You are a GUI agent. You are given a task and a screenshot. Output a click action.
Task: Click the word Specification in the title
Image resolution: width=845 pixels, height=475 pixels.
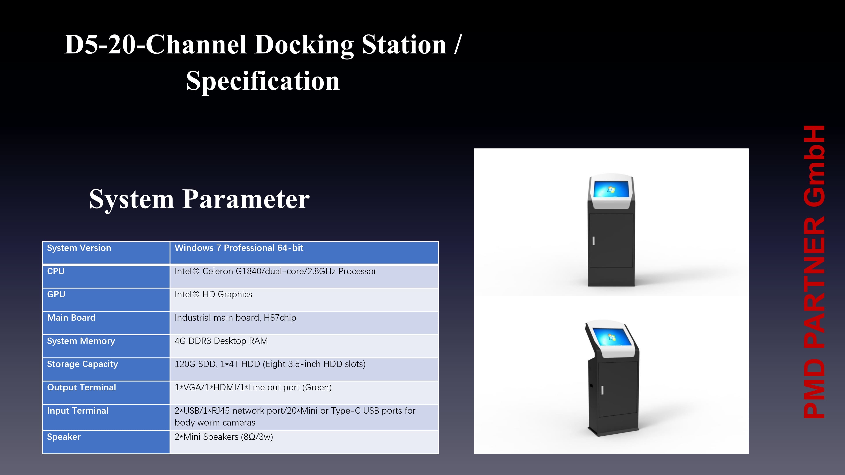click(x=263, y=81)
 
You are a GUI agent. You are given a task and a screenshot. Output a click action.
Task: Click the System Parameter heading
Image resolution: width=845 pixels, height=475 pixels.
click(x=199, y=199)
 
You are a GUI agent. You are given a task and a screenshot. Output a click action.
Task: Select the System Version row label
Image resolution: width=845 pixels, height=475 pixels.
click(x=79, y=248)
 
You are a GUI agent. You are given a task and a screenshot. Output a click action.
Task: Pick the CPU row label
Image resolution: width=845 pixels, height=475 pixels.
click(x=56, y=271)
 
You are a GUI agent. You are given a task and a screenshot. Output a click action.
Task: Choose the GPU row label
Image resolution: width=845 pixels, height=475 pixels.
click(x=56, y=294)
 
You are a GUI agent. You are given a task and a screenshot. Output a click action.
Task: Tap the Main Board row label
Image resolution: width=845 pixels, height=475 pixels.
click(x=71, y=318)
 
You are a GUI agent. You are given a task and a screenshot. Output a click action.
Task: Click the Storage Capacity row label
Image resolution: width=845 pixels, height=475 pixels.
click(x=82, y=364)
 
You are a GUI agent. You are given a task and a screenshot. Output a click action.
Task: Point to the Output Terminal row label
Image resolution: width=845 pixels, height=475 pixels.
click(x=81, y=387)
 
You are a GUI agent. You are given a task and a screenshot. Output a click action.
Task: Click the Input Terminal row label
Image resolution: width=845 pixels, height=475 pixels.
click(x=78, y=411)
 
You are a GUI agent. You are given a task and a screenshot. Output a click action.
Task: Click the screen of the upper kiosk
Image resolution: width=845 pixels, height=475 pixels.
click(x=611, y=189)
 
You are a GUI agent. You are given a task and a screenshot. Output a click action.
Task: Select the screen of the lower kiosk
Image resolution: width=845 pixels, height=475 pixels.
click(x=612, y=337)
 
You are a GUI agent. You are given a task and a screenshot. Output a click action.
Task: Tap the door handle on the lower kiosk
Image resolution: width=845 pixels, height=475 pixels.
click(x=602, y=390)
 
